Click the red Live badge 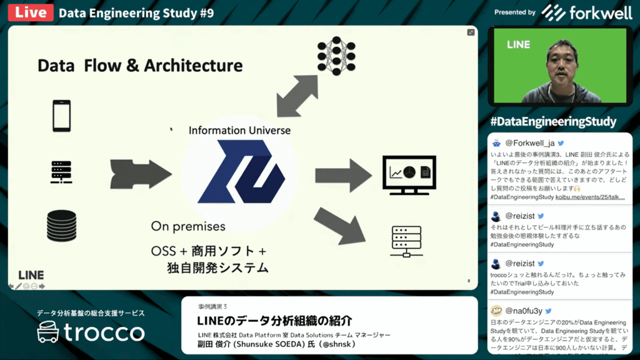(x=30, y=12)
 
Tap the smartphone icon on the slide (x=61, y=116)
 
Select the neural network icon (x=337, y=56)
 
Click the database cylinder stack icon (x=61, y=226)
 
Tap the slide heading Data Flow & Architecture (x=140, y=65)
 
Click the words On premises (x=188, y=226)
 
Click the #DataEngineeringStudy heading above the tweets (x=553, y=122)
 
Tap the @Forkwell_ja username (x=529, y=142)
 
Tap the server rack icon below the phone (x=61, y=172)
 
